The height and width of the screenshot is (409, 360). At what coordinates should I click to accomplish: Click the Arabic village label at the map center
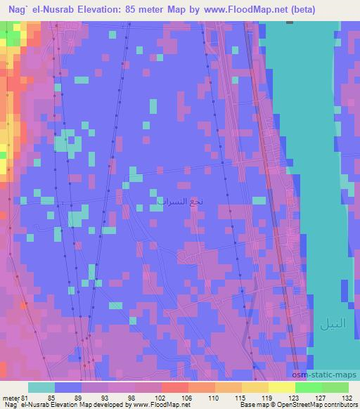[x=179, y=201]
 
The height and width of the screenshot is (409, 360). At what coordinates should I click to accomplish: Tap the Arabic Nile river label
[x=333, y=325]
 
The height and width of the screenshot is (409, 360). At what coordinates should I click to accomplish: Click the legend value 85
[x=51, y=398]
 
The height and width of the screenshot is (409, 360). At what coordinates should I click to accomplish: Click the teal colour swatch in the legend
[x=41, y=387]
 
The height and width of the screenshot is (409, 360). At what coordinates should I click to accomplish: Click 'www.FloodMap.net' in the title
[x=235, y=9]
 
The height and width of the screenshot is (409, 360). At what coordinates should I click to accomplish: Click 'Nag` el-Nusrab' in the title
[x=41, y=9]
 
